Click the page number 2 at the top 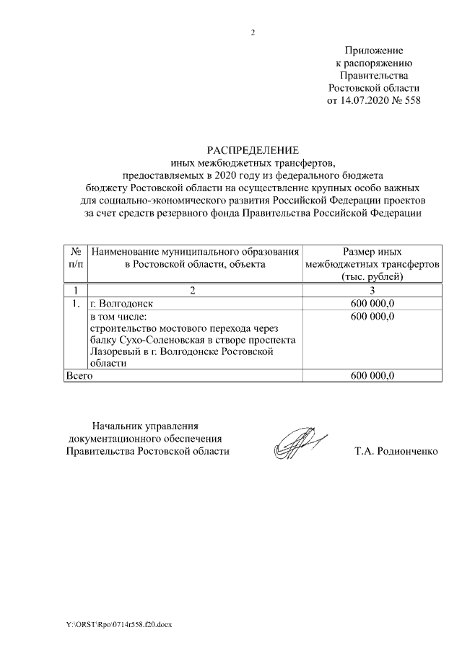(253, 32)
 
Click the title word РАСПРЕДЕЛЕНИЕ (253, 150)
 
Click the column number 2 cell (193, 290)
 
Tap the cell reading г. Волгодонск (121, 304)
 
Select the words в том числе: (118, 317)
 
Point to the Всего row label (79, 376)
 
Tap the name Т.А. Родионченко (396, 452)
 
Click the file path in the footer (120, 623)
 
